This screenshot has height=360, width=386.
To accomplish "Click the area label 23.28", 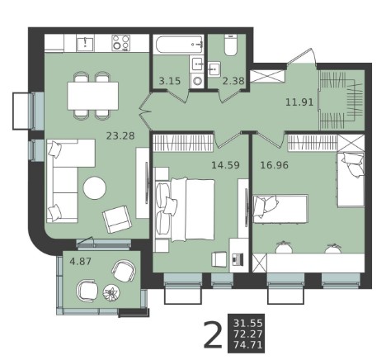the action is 120,135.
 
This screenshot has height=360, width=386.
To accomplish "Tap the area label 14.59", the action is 225,165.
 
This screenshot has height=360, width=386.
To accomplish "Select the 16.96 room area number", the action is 275,165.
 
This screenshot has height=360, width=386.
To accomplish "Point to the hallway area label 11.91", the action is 299,102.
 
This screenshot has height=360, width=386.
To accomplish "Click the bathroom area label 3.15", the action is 170,81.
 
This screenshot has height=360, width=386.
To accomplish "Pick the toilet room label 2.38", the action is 233,81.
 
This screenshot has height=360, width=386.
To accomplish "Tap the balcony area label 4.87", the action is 80,261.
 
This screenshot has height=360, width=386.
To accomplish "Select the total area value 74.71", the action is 248,344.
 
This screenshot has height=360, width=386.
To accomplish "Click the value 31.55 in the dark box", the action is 248,323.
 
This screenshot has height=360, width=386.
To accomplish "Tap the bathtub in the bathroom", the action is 178,44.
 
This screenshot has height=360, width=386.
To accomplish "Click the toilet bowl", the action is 231,45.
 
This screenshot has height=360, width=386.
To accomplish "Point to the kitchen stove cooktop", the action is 120,43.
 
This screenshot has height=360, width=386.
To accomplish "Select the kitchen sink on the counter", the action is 85,44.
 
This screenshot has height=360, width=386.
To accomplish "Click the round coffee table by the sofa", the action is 95,188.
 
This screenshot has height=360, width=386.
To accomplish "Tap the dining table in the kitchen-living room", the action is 93,96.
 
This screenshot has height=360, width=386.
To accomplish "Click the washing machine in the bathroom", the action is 197,81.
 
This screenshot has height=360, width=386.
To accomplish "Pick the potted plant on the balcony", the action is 111,292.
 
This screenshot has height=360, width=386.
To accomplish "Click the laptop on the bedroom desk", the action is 238,259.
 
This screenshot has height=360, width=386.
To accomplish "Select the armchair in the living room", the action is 117,220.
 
